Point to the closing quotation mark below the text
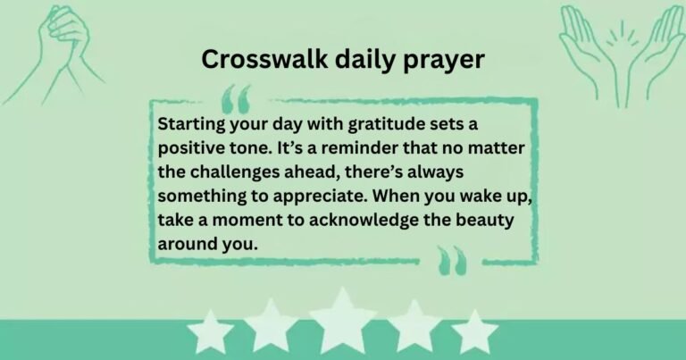pyautogui.click(x=452, y=260)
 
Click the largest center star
pyautogui.click(x=343, y=322)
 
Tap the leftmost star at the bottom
pyautogui.click(x=209, y=331)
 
